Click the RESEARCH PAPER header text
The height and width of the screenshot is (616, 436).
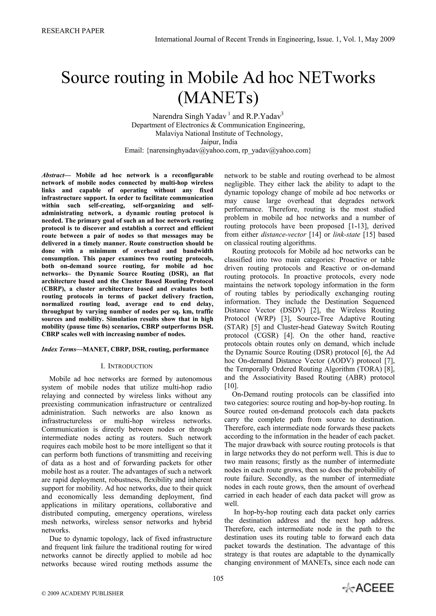click(73, 31)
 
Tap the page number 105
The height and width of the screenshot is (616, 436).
click(218, 578)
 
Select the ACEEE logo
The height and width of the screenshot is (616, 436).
click(368, 588)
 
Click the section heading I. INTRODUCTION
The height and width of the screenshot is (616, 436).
click(126, 366)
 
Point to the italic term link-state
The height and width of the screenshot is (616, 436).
click(346, 234)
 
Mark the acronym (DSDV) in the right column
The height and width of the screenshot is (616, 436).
click(293, 310)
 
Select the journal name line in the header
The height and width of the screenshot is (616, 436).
click(275, 40)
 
